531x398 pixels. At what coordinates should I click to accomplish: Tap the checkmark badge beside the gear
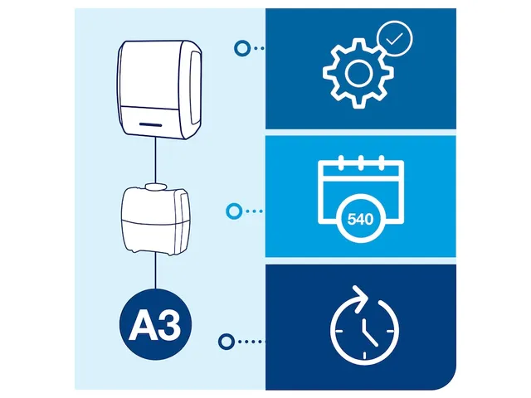tap(395, 39)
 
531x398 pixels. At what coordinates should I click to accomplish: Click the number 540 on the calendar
tap(360, 219)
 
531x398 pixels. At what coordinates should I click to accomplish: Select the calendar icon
tap(361, 198)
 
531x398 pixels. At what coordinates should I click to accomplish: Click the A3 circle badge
tap(155, 324)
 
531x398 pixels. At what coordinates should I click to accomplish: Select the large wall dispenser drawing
tap(160, 90)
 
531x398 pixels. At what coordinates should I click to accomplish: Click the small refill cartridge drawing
tap(155, 219)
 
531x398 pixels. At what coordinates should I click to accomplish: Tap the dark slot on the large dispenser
tap(151, 124)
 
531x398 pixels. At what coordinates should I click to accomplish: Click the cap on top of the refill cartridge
tap(155, 186)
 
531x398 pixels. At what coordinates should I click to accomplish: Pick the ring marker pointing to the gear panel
tap(242, 48)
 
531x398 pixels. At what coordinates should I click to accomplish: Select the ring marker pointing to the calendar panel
tap(234, 211)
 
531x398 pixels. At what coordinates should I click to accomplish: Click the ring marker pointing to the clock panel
tap(227, 342)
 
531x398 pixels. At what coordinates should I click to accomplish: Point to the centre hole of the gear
tap(358, 73)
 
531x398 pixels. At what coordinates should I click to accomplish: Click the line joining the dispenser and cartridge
tap(155, 160)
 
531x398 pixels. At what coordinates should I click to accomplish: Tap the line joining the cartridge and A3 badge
tap(155, 271)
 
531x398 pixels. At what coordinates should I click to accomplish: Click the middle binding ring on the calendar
tap(361, 163)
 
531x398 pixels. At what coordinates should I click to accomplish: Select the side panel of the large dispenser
tap(195, 87)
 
